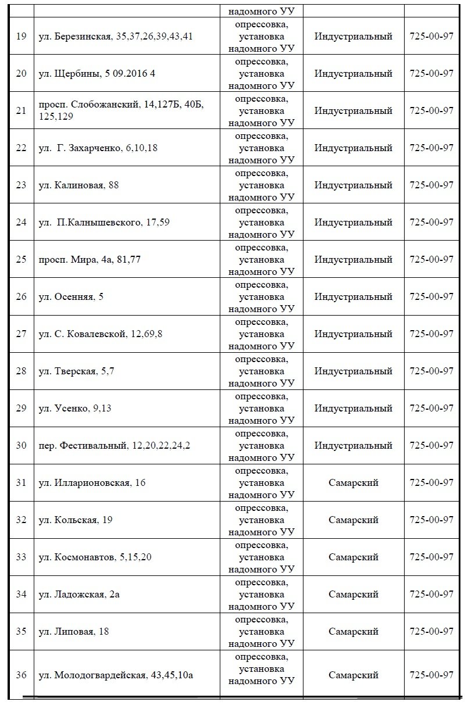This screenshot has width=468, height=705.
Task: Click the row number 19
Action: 21,36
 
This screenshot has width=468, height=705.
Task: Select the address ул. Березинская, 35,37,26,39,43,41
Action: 115,36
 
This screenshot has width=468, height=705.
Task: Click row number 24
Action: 21,222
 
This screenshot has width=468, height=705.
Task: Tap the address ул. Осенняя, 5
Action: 71,296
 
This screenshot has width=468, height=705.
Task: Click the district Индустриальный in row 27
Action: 353,334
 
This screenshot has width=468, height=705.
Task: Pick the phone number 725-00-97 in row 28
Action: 431,371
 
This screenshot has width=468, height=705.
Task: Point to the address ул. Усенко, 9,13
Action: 74,408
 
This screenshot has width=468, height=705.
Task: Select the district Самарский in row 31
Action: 353,482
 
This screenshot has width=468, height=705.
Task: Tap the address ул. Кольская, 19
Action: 76,520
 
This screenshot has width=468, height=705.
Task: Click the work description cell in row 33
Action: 261,557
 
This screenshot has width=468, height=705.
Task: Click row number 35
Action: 21,631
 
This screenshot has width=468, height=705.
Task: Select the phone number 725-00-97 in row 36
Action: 431,675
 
